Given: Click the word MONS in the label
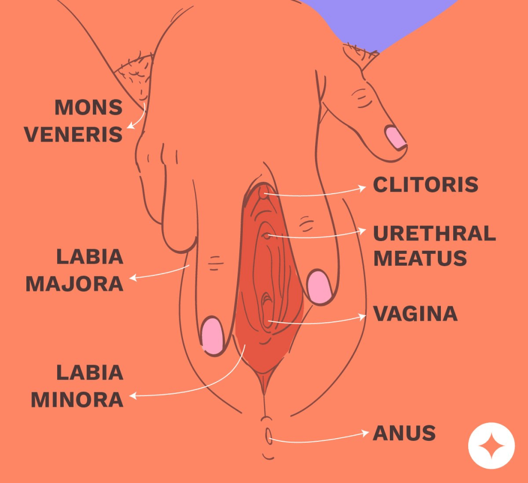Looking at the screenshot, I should [x=88, y=108].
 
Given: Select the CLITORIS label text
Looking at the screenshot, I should [x=425, y=185].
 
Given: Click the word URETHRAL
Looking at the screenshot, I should [x=434, y=233].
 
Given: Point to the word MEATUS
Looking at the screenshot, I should [x=420, y=258].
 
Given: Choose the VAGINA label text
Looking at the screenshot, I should [x=415, y=314].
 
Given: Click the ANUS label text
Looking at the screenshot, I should [x=404, y=433].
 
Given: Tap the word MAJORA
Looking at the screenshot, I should [x=74, y=283].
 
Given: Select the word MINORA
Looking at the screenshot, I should [x=77, y=400].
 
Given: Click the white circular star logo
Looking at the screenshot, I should [x=491, y=445].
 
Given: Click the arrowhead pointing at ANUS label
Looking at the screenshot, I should [x=362, y=434].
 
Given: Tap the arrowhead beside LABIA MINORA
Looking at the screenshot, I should [x=133, y=396].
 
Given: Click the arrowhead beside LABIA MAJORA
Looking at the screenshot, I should [x=133, y=278].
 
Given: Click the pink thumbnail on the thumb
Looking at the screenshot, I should [x=395, y=136].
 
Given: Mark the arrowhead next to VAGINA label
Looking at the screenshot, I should [x=362, y=317].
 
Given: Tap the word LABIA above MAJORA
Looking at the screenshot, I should [x=89, y=256].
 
